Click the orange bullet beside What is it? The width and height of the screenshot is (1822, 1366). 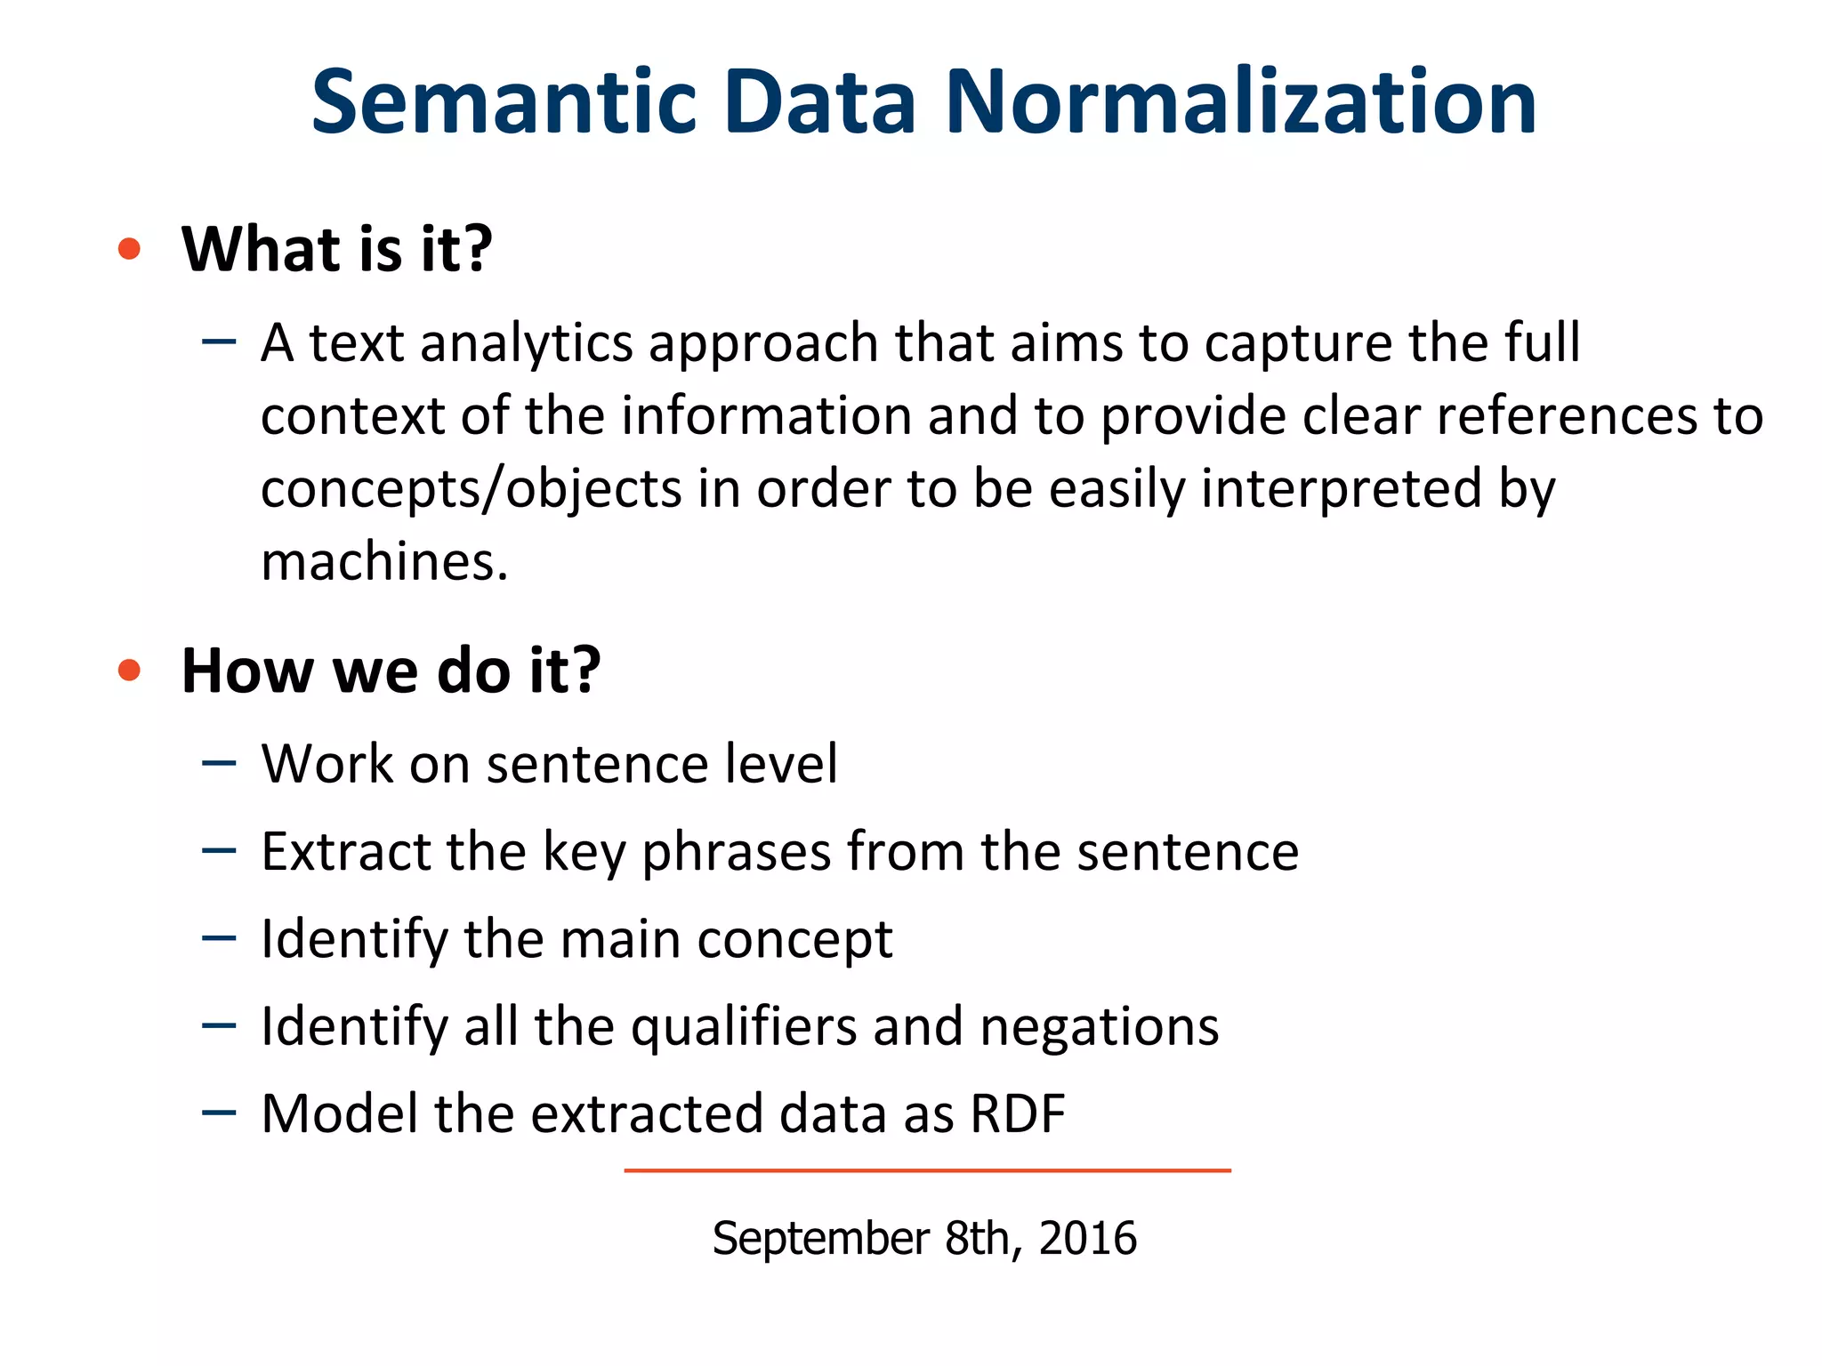click(130, 249)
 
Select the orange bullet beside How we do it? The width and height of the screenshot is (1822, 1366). click(130, 671)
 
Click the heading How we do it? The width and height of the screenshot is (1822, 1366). click(391, 671)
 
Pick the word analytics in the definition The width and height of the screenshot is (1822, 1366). click(526, 343)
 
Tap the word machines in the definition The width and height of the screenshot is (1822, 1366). click(383, 562)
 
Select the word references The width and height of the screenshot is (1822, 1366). click(1566, 416)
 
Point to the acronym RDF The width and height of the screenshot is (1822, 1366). click(1018, 1113)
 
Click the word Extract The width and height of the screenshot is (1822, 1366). click(344, 851)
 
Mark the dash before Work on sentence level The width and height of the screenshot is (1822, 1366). click(219, 763)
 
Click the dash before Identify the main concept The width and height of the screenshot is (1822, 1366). click(219, 938)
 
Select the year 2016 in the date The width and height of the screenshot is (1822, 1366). click(1087, 1238)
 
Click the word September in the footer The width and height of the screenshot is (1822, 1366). click(820, 1238)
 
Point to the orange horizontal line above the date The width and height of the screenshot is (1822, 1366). click(927, 1170)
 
